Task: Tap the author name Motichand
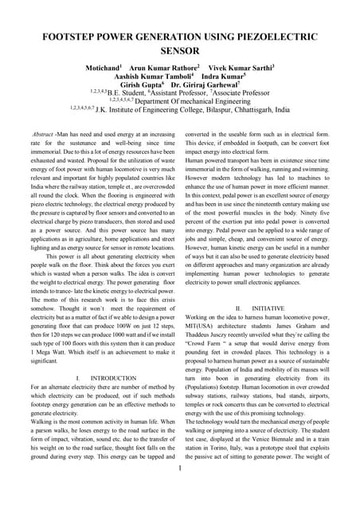tap(102, 69)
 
